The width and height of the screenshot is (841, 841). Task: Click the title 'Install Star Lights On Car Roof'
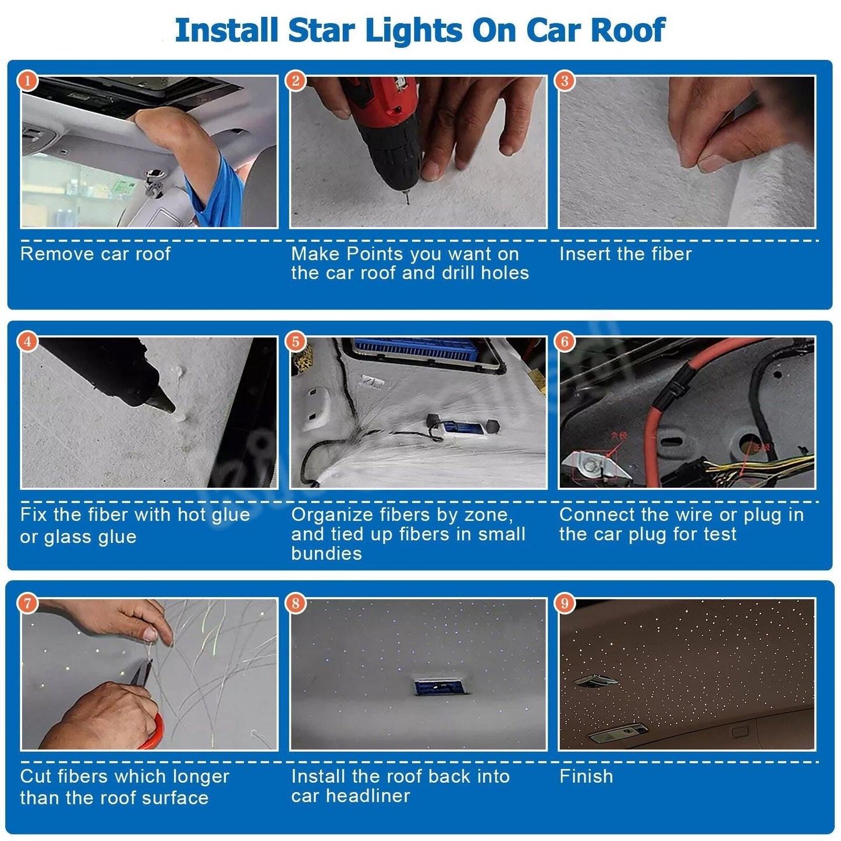coord(420,30)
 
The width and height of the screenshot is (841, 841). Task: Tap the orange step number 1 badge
coord(27,80)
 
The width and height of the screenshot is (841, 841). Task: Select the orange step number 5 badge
coord(296,342)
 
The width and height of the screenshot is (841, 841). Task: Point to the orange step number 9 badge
coord(564,603)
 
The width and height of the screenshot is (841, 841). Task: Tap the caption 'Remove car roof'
coord(95,254)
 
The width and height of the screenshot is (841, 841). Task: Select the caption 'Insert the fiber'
coord(625,254)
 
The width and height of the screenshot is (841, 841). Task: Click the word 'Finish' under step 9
coord(586,776)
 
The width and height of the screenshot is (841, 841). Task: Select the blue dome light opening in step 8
coord(435,687)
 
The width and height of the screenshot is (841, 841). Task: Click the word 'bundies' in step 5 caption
coord(326,553)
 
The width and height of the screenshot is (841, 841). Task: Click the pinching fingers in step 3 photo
coord(704,157)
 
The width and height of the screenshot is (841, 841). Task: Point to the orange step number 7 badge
coord(27,603)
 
